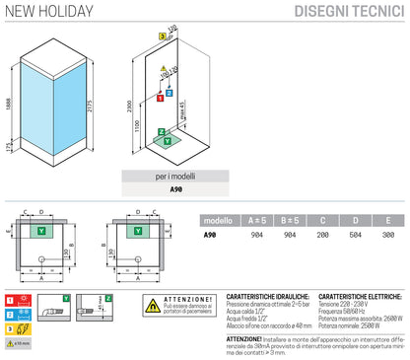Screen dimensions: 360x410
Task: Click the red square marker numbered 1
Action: point(160,98)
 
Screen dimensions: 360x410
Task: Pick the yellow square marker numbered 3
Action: point(162,35)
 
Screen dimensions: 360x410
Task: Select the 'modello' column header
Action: point(218,221)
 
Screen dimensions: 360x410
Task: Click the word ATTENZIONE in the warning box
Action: point(188,298)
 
